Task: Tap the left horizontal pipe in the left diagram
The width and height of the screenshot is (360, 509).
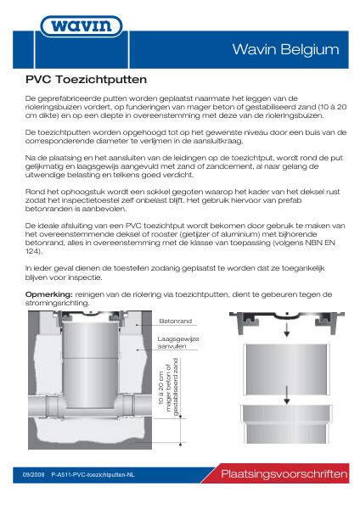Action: [42, 403]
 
